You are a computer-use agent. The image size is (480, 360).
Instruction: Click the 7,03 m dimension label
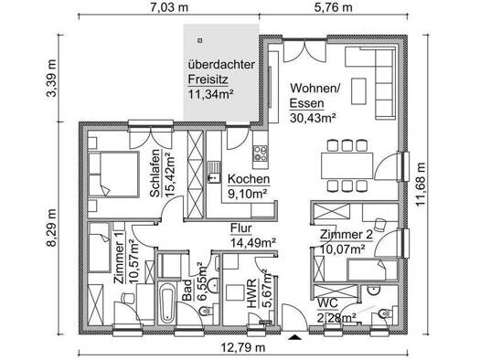pos(169,7)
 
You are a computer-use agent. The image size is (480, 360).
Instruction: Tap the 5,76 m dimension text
pos(334,7)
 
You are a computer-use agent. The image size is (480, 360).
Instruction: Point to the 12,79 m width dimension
pos(243,347)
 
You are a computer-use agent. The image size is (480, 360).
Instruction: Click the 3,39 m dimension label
pos(51,79)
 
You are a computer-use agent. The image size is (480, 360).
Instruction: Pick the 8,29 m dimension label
pos(51,228)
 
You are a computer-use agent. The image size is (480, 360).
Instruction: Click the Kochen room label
pos(249,179)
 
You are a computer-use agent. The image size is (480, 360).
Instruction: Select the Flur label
pos(241,228)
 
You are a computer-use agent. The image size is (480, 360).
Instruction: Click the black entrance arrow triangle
pos(295,337)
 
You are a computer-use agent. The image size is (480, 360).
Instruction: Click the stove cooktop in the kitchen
pos(260,154)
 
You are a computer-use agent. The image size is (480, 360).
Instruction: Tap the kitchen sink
pos(214,172)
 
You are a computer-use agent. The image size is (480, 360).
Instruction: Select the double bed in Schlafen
pos(113,174)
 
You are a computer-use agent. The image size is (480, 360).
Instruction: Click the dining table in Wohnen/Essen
pos(347,165)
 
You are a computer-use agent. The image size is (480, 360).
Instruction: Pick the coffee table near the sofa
pos(358,91)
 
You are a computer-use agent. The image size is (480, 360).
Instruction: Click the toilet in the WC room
pos(383,313)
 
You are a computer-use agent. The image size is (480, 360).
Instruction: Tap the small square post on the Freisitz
pos(200,40)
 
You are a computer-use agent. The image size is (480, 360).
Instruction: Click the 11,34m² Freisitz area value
pos(210,94)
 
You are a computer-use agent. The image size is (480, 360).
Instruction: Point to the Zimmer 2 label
pos(347,235)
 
